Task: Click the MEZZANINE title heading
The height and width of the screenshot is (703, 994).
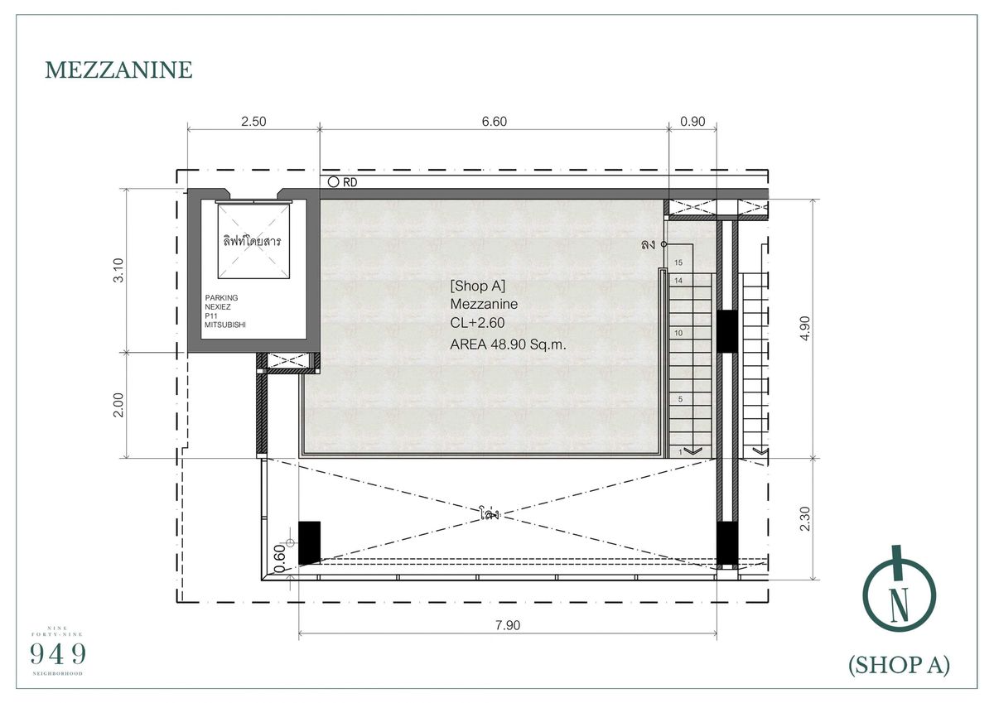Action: [x=118, y=70]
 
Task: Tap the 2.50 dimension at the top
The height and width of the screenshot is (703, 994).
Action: [x=253, y=122]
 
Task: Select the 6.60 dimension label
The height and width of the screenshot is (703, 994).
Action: [x=494, y=122]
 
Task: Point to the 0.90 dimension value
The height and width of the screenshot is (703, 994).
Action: [x=692, y=122]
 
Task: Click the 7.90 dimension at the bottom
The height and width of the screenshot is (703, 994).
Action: [x=507, y=626]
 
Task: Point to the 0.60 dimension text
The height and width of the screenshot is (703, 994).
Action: [x=279, y=553]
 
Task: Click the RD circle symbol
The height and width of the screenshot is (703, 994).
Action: [x=333, y=182]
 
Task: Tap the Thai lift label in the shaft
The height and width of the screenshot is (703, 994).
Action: [x=252, y=242]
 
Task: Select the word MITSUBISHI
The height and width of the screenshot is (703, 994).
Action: [x=225, y=325]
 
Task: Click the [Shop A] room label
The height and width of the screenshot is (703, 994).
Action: [x=477, y=286]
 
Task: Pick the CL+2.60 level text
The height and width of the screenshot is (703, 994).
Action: [x=477, y=325]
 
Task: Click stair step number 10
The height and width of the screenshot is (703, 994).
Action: [x=678, y=333]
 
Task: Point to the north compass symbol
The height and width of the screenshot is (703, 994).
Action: [x=899, y=591]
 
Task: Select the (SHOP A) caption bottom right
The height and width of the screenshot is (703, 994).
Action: [x=899, y=665]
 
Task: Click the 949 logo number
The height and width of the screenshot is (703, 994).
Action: [x=58, y=654]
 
